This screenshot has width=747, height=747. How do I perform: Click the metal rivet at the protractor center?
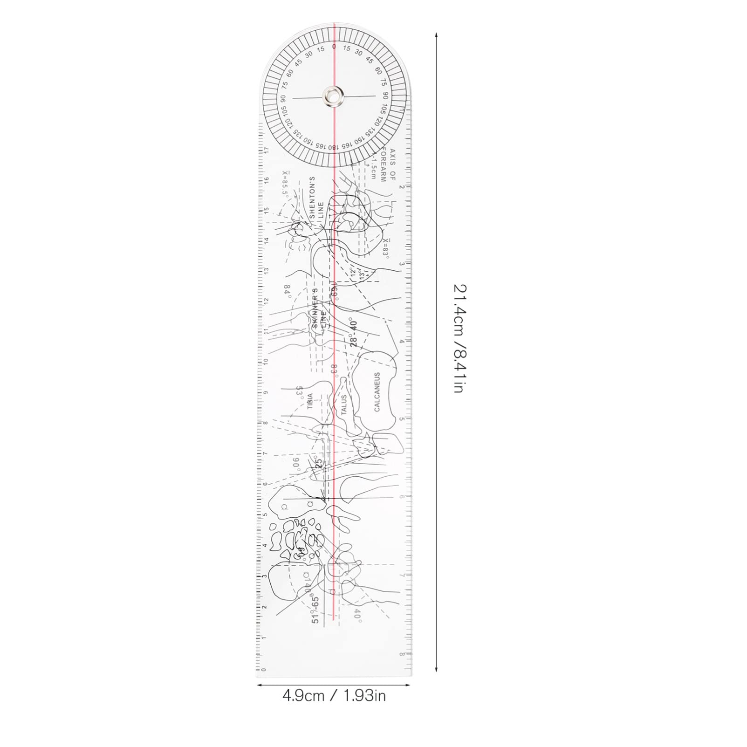tap(333, 96)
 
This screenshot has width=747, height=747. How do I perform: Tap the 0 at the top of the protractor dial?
tap(334, 47)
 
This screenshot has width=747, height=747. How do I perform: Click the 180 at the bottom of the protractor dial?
tap(332, 147)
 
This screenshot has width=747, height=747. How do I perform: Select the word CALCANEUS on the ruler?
tap(377, 391)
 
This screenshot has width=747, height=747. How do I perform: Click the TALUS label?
tap(344, 404)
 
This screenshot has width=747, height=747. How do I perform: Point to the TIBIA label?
tap(310, 401)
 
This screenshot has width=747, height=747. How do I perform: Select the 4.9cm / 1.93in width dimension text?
tap(334, 696)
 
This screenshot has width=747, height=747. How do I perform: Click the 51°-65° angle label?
tap(316, 610)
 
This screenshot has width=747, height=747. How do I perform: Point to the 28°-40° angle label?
tap(354, 333)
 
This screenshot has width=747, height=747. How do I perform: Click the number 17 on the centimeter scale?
tap(267, 150)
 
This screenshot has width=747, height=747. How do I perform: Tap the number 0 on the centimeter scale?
tap(264, 670)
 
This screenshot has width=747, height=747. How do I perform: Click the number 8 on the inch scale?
tap(402, 654)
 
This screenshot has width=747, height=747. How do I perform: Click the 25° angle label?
tap(319, 463)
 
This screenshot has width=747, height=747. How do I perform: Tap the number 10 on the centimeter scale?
tap(266, 361)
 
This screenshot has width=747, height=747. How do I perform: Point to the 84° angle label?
tap(288, 291)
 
